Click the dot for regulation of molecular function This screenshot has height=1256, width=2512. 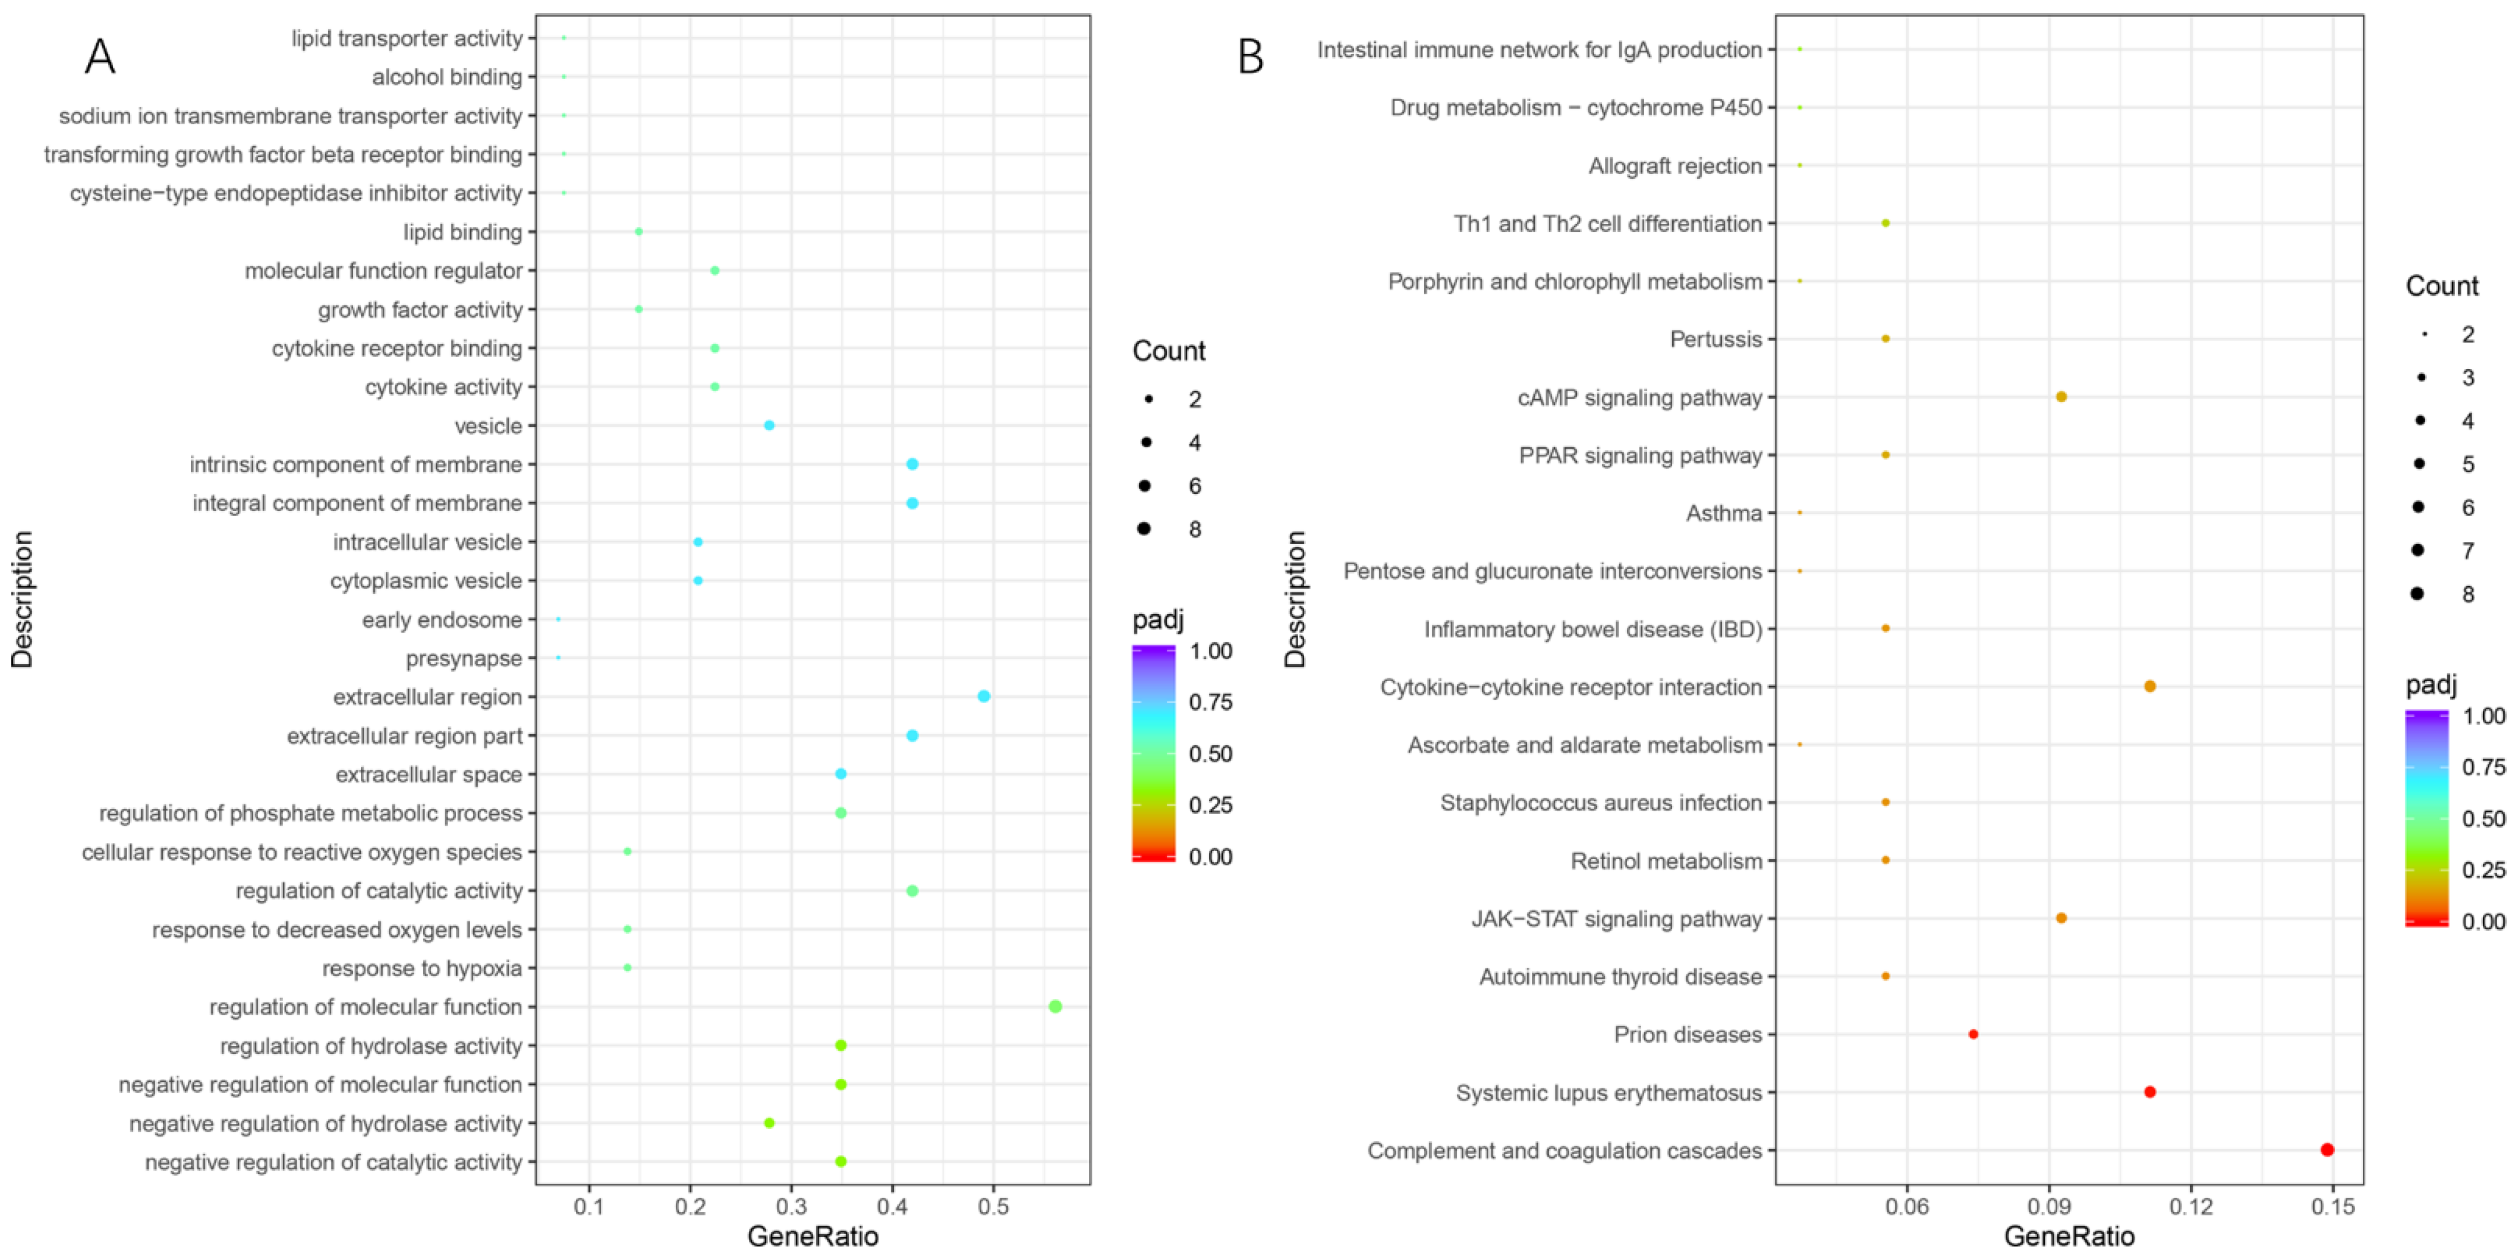(x=1054, y=1006)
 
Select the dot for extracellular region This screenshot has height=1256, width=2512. (x=983, y=696)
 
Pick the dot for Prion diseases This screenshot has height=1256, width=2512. (x=1973, y=1034)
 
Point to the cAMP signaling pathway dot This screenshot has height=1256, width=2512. (x=2060, y=397)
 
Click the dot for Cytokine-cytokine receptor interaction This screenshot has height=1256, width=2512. (x=2149, y=687)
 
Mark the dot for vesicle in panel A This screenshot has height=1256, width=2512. (x=769, y=425)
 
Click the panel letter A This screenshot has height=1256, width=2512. (x=99, y=56)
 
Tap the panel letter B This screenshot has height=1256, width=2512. (x=1250, y=56)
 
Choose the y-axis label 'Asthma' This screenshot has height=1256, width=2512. (x=1723, y=513)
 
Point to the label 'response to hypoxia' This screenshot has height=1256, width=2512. (x=421, y=968)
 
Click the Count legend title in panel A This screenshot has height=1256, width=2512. (x=1168, y=351)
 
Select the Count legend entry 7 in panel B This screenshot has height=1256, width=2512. (x=2467, y=551)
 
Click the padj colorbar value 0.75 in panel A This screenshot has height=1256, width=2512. (x=1210, y=702)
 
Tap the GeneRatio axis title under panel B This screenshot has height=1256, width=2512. (x=2069, y=1236)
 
